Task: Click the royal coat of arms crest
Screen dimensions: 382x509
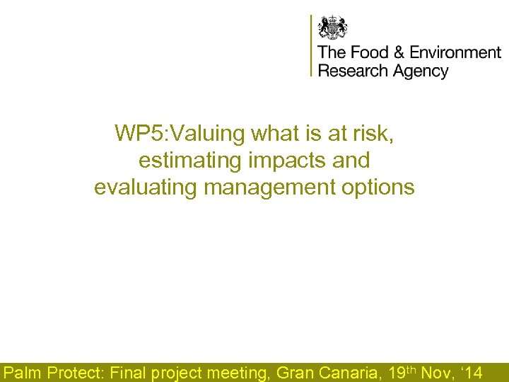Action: click(332, 28)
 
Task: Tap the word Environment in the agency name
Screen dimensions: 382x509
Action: click(455, 53)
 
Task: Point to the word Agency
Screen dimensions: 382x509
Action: click(420, 71)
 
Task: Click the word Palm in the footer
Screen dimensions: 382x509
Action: click(23, 372)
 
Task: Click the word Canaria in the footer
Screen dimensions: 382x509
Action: click(346, 372)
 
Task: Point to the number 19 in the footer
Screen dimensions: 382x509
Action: click(398, 372)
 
